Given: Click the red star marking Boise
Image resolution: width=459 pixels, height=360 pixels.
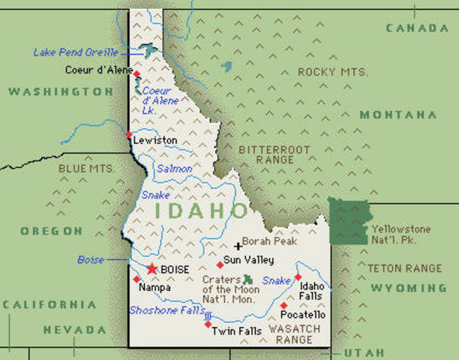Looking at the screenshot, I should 152,268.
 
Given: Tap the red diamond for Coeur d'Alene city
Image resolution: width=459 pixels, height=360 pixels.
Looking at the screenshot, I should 136,73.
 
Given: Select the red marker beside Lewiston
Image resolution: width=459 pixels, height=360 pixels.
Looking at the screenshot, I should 129,135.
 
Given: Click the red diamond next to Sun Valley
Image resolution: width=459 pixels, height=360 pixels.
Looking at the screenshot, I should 220,264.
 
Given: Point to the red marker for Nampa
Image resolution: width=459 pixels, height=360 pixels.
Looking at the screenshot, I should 136,279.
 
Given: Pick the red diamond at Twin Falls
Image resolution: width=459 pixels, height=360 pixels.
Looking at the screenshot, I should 208,324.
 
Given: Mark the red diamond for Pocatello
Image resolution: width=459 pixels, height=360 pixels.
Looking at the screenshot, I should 283,305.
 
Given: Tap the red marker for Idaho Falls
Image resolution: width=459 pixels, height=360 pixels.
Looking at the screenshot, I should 298,277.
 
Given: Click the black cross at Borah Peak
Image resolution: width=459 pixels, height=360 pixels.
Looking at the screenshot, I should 238,245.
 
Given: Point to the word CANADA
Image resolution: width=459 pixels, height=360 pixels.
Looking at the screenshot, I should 416,28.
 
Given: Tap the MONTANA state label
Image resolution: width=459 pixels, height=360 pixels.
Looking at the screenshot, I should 397,115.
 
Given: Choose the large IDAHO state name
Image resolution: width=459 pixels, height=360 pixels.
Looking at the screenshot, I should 200,211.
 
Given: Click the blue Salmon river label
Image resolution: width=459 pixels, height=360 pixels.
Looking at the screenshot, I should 173,169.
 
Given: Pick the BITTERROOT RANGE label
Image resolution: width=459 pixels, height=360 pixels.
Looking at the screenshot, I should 274,155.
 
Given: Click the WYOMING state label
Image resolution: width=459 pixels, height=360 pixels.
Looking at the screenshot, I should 406,288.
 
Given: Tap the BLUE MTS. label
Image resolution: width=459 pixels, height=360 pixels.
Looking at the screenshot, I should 86,169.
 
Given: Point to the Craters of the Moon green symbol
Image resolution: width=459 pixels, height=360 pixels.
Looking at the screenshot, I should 249,279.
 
